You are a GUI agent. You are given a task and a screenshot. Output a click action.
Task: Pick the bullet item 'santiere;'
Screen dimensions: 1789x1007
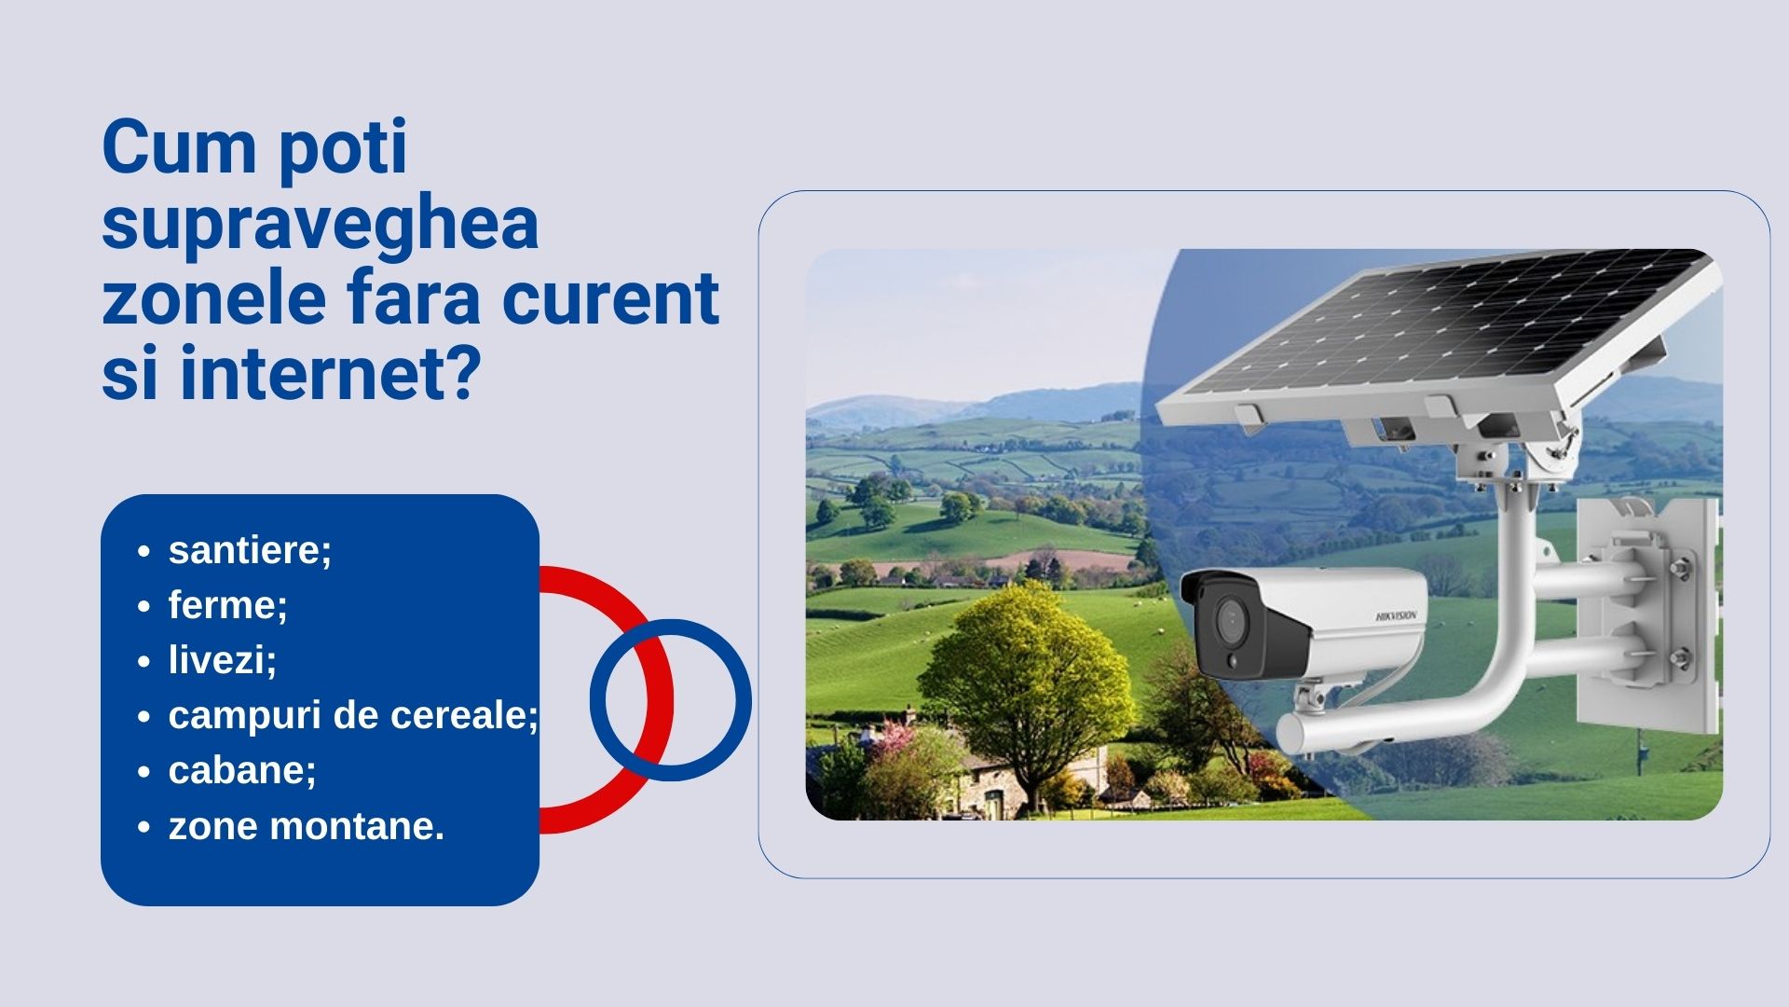point(250,550)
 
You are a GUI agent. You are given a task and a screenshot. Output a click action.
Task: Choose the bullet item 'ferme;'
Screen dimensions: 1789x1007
point(228,605)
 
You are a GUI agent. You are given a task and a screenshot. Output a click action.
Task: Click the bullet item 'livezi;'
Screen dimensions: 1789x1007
point(223,660)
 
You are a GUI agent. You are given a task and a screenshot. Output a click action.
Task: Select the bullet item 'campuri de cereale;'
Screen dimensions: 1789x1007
point(353,715)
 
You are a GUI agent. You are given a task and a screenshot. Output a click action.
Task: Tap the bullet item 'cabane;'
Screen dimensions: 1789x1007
point(242,770)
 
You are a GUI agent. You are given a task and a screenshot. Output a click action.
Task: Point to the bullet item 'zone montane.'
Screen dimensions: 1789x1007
point(307,826)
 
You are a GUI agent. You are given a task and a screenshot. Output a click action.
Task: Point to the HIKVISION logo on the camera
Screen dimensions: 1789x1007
point(1396,615)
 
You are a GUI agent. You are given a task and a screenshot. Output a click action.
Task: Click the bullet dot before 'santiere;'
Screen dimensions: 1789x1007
point(143,551)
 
